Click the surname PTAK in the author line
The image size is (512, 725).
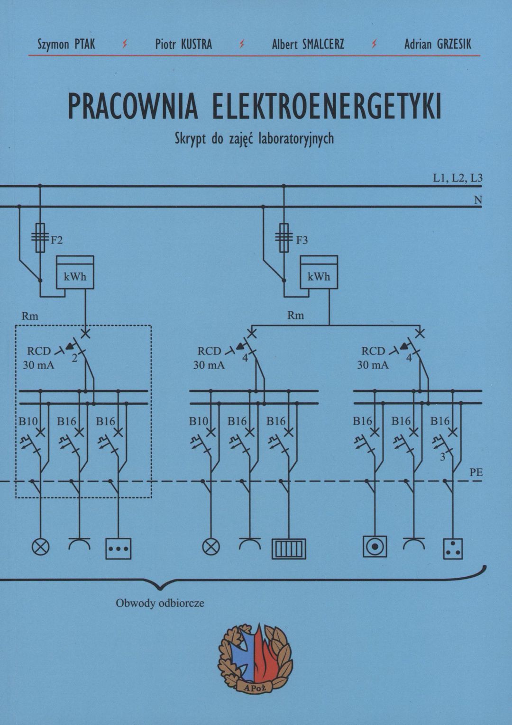point(85,45)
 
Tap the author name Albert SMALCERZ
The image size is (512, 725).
point(308,45)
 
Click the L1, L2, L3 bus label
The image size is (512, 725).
point(457,178)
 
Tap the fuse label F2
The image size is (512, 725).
point(57,240)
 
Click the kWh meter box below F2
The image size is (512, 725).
point(75,272)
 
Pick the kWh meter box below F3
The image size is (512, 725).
point(319,272)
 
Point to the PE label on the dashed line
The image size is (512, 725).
point(476,472)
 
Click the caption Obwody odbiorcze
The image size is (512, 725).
point(160,603)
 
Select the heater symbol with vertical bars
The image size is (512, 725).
point(289,549)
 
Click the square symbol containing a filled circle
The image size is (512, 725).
point(375,546)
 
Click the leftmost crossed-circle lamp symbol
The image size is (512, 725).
point(40,547)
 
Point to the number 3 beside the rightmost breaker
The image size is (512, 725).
point(443,458)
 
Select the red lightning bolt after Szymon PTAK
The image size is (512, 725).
point(125,45)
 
